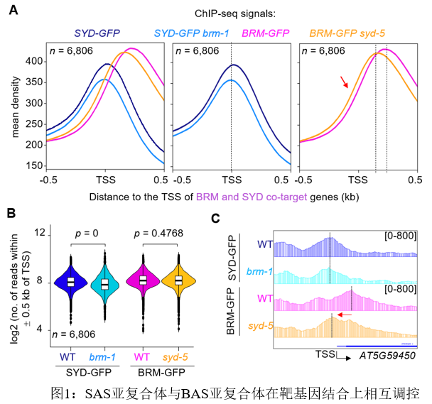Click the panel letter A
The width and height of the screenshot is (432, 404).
13,11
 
